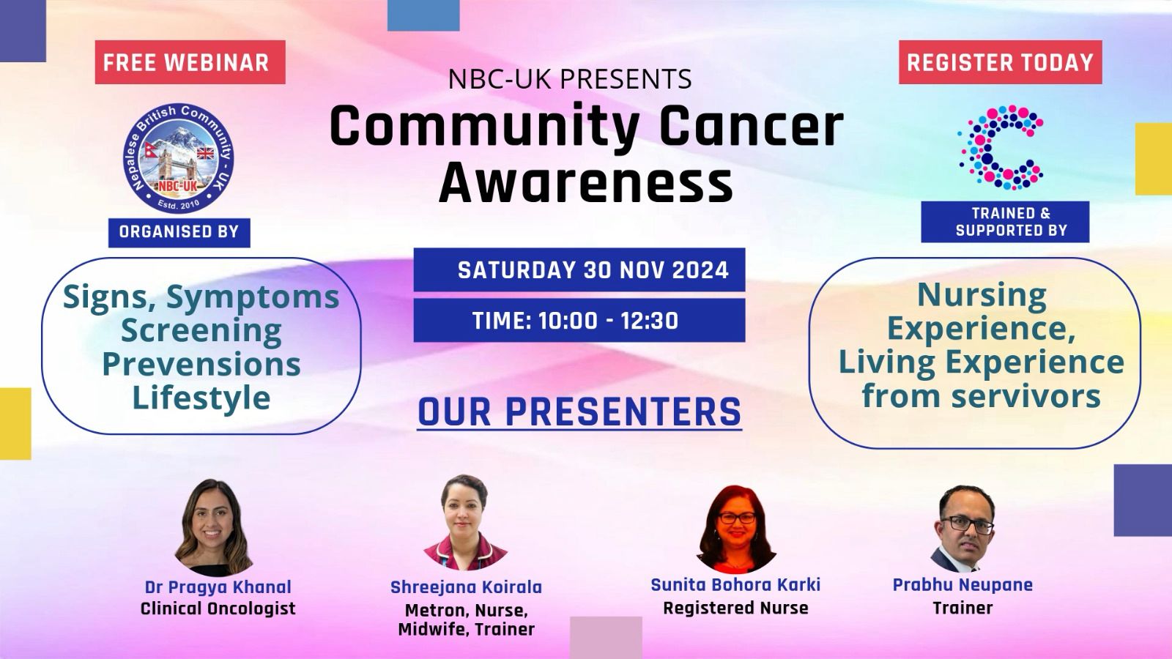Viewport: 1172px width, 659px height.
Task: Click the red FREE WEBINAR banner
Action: coord(190,62)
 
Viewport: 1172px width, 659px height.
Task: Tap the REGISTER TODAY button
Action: coord(1001,62)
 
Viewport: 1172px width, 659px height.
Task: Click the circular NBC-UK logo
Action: coord(179,158)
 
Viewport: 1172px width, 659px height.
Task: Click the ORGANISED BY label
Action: coord(179,232)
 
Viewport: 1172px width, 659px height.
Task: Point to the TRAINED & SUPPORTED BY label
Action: coord(1005,222)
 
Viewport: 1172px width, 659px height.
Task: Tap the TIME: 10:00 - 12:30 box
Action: coord(579,320)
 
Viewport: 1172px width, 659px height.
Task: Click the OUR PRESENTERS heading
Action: coord(579,412)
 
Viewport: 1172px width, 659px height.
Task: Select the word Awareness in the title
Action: coord(585,182)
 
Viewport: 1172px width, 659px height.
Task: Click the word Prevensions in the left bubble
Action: coord(201,364)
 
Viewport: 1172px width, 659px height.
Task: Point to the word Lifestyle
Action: coord(201,398)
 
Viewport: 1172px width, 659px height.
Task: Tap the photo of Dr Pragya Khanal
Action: coord(214,527)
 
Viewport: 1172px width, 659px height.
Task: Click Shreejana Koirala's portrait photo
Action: coord(464,522)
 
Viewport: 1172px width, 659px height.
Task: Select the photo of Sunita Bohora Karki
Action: coord(737,529)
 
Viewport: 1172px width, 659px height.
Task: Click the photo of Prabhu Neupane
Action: coord(963,528)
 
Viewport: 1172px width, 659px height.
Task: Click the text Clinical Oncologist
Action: coord(218,608)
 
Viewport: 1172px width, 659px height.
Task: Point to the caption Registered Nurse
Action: coord(735,608)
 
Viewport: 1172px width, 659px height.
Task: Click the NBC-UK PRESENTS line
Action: coord(570,79)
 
